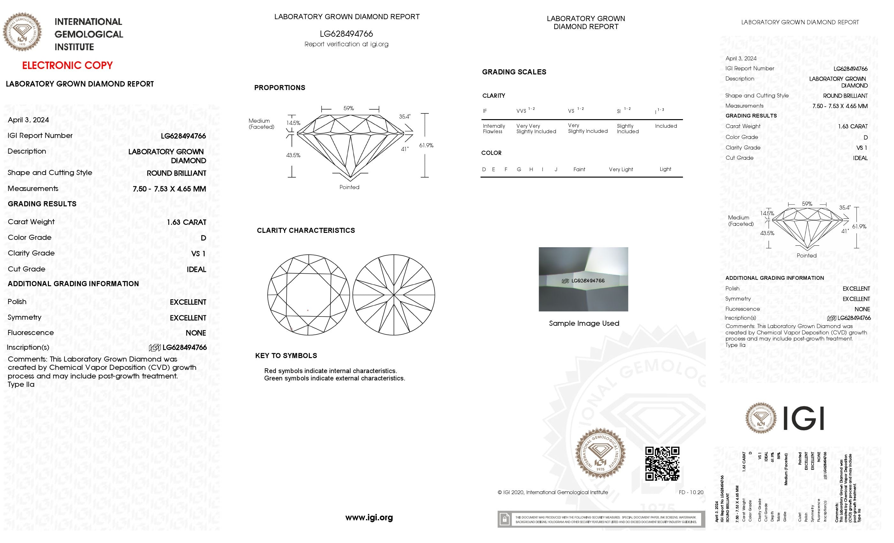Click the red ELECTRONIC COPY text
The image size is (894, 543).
coord(67,65)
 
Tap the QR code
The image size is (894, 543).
coord(662,463)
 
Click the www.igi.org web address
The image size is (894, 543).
coord(369,517)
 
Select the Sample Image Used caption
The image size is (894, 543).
coord(584,323)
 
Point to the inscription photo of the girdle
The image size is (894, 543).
coord(583,279)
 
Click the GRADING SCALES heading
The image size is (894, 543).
coord(514,72)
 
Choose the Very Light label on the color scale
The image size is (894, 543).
coord(620,170)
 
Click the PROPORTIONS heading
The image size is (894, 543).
coord(279,88)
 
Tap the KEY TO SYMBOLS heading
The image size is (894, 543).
coord(286,356)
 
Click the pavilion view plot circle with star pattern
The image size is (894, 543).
coord(394,295)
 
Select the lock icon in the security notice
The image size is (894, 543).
coord(504,519)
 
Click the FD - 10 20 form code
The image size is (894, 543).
coord(691,492)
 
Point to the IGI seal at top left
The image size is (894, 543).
coord(22,32)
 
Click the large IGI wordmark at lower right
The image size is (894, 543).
coord(803,418)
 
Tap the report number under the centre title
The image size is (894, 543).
coord(346,34)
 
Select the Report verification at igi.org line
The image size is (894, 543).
coord(346,44)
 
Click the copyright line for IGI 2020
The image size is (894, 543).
coord(553,492)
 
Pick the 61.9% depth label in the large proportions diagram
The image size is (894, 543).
coord(426,145)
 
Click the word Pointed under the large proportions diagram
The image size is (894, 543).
coord(349,187)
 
